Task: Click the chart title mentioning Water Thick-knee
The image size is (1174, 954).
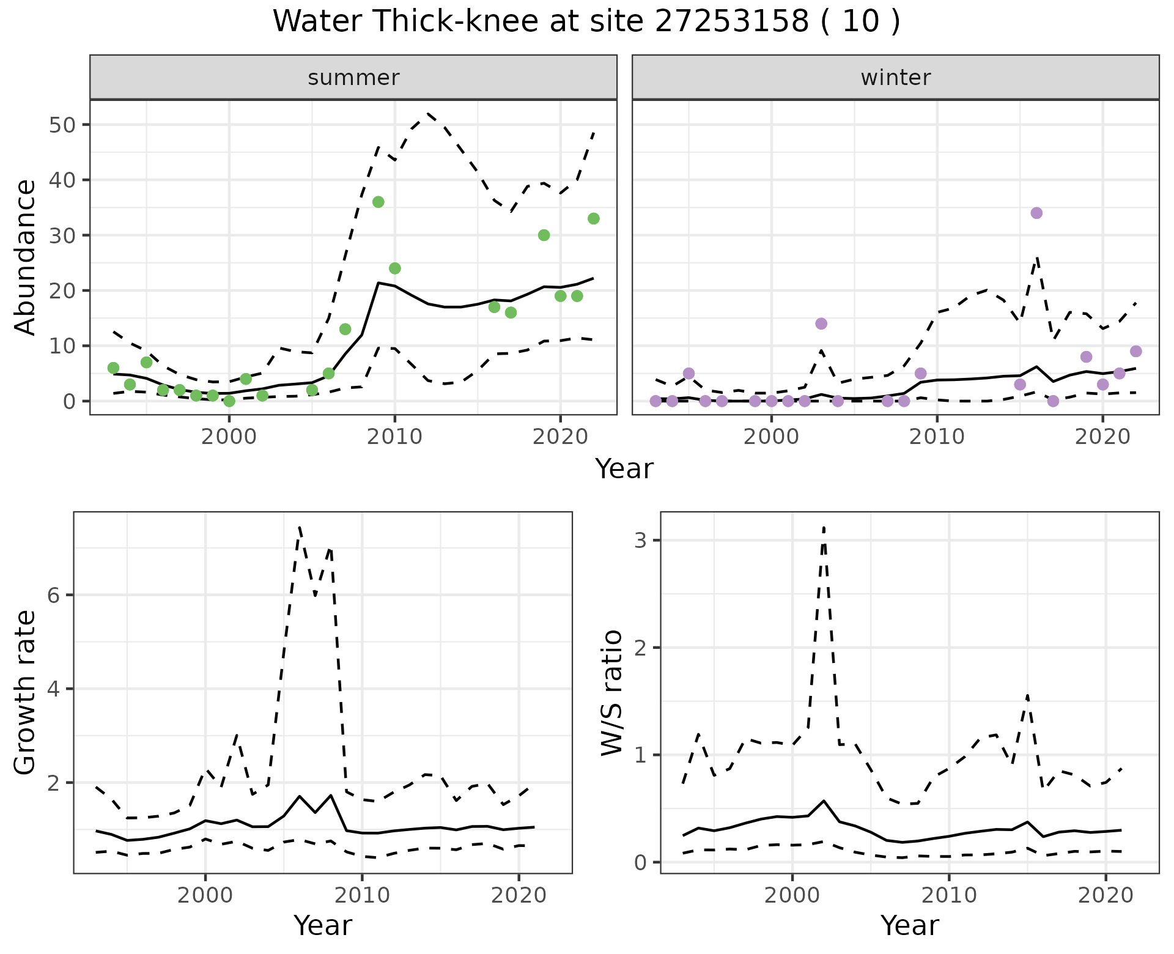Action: coord(586,22)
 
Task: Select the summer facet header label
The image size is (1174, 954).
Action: coord(353,78)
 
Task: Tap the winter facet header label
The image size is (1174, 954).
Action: coord(895,78)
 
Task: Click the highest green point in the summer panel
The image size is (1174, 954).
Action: coord(378,202)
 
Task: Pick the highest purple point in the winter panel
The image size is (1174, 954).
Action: coord(1036,213)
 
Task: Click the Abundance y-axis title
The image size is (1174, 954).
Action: coord(25,257)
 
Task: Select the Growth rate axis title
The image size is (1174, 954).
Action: coord(25,693)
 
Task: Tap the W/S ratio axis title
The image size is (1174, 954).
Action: coord(612,693)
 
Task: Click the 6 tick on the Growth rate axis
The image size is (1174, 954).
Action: coord(54,596)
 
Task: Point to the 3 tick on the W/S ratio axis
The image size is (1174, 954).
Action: coord(641,541)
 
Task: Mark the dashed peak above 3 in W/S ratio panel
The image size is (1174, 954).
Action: coord(824,527)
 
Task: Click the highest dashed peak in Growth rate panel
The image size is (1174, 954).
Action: coord(299,527)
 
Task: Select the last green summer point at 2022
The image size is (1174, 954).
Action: coord(593,219)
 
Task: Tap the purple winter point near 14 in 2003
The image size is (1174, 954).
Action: coord(821,324)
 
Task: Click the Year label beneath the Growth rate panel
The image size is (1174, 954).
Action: coord(323,925)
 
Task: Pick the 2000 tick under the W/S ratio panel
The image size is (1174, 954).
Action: coord(792,896)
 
